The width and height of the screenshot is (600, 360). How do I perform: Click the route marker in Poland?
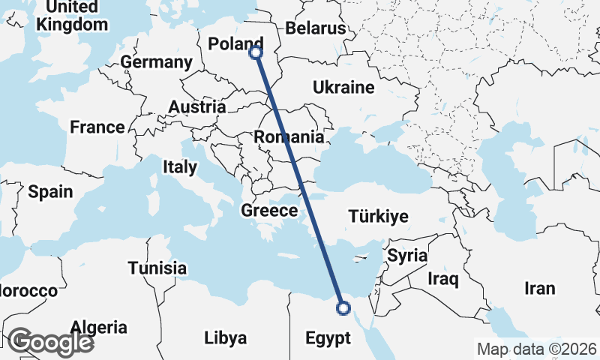256,52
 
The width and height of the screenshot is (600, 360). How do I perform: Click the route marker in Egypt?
343,307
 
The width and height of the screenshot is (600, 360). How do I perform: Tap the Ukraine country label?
343,88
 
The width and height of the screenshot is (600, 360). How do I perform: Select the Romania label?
289,137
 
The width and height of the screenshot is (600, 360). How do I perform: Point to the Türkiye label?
379,217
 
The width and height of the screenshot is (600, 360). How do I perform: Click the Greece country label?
269,211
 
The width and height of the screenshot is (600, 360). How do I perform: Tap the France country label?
97,127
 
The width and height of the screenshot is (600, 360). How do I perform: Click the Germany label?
156,62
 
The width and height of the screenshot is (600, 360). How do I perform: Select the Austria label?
196,107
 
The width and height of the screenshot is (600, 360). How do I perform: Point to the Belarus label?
315,28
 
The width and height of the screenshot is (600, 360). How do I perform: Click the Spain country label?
51,191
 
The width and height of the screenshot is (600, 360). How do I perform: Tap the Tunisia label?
157,268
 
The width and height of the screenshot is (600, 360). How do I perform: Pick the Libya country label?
225,338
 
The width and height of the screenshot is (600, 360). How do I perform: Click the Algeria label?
99,327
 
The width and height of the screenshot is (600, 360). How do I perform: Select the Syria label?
407,255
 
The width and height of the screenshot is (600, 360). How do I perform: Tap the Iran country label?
539,288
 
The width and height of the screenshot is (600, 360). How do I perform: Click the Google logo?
50,342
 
